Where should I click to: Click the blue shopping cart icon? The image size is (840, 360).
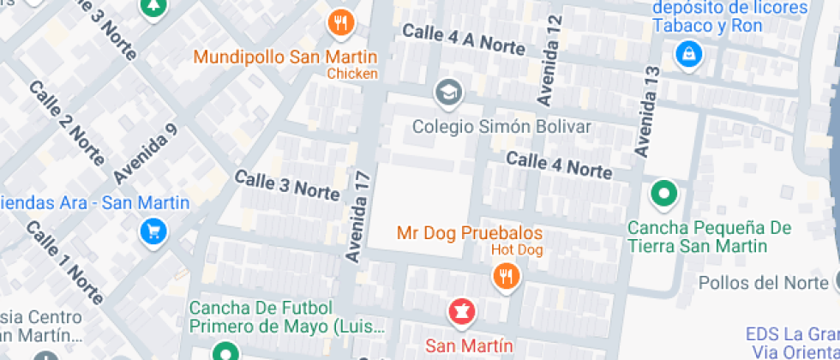pos(153,231)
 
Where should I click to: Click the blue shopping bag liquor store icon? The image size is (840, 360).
pos(688,57)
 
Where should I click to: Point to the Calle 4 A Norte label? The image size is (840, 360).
pos(464,39)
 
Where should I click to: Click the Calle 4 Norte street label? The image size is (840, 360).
pos(558,164)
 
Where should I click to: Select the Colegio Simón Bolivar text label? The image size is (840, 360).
pos(502,127)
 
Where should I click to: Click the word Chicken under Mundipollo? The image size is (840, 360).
pos(352,74)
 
